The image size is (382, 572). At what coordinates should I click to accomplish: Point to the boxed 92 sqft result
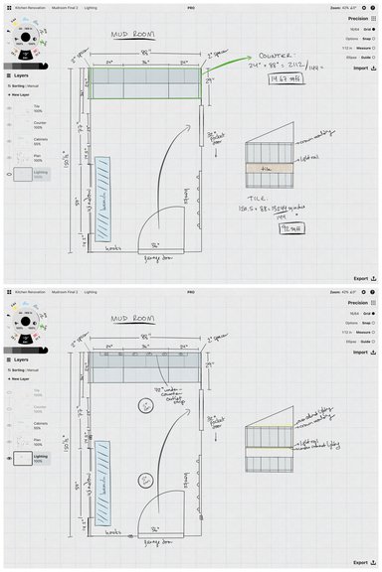pos(264,226)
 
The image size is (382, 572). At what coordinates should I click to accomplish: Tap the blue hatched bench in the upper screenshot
pos(104,199)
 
